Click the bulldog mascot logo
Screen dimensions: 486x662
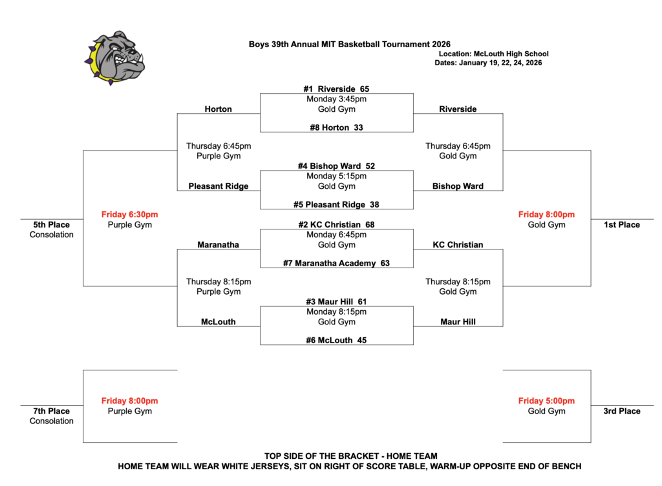pyautogui.click(x=114, y=58)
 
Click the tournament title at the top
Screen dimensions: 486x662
pyautogui.click(x=350, y=45)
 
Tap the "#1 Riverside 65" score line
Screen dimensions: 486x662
pyautogui.click(x=337, y=89)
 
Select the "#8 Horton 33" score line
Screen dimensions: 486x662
pyautogui.click(x=337, y=127)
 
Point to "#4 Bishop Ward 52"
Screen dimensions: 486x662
pyautogui.click(x=337, y=166)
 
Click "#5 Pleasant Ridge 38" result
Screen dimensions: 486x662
pyautogui.click(x=337, y=204)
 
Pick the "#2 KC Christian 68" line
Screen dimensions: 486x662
pyautogui.click(x=337, y=224)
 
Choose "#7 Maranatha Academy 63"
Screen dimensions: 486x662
pyautogui.click(x=337, y=263)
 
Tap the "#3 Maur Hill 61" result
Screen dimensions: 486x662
pyautogui.click(x=337, y=302)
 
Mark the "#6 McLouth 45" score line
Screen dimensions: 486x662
pyautogui.click(x=337, y=340)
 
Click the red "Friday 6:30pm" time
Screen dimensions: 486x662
pyautogui.click(x=130, y=215)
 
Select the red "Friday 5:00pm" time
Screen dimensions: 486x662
pyautogui.click(x=546, y=401)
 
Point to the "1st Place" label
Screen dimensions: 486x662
pyautogui.click(x=622, y=225)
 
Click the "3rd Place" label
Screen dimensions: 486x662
pyautogui.click(x=622, y=411)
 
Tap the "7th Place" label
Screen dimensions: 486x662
pyautogui.click(x=52, y=411)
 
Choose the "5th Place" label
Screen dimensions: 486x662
pyautogui.click(x=52, y=225)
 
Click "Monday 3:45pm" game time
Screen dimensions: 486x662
pyautogui.click(x=337, y=100)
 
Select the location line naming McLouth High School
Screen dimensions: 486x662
pyautogui.click(x=493, y=54)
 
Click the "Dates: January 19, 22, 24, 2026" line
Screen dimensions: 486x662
pyautogui.click(x=488, y=63)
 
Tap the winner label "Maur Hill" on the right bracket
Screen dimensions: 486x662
pyautogui.click(x=458, y=321)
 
